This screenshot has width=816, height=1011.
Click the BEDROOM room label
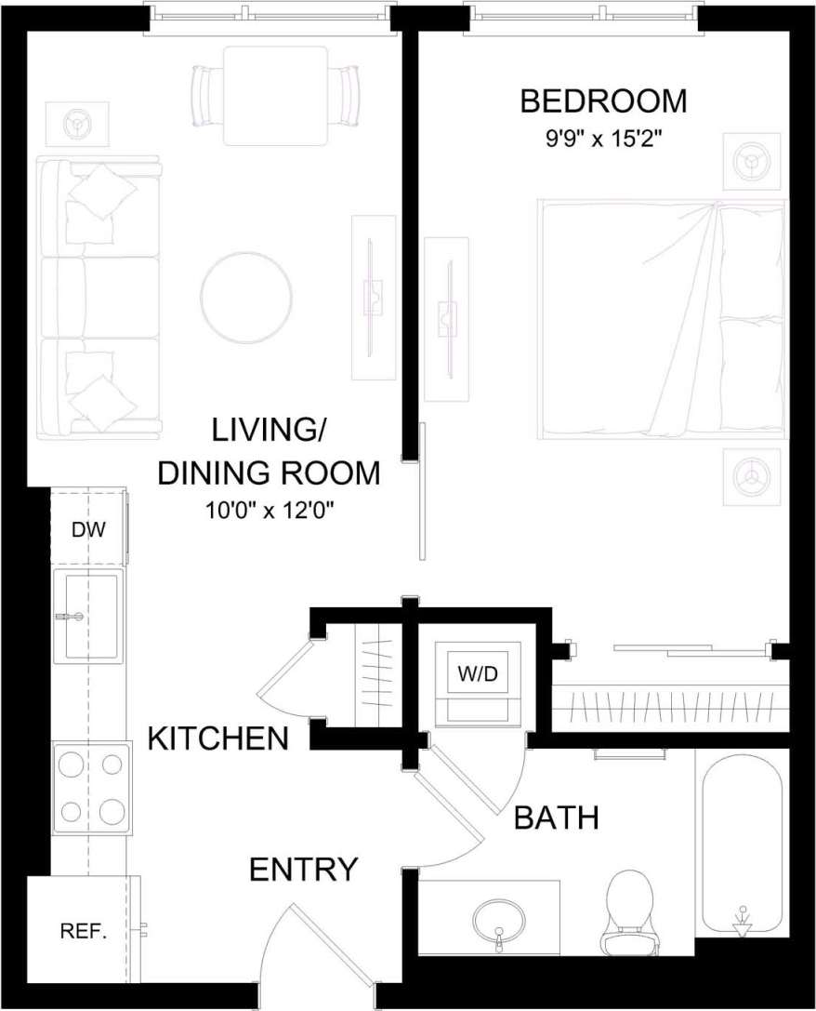pyautogui.click(x=603, y=100)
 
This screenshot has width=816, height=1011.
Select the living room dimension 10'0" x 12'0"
pyautogui.click(x=270, y=511)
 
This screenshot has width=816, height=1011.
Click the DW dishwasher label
pyautogui.click(x=88, y=530)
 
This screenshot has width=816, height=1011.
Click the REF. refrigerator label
pyautogui.click(x=83, y=931)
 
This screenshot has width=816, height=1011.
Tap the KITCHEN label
pyautogui.click(x=218, y=739)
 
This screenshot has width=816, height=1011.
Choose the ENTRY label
pyautogui.click(x=303, y=870)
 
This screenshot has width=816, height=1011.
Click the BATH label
pyautogui.click(x=556, y=818)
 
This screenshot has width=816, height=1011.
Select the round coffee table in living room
pyautogui.click(x=246, y=299)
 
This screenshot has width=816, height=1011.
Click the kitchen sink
pyautogui.click(x=88, y=617)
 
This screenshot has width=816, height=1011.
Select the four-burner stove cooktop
pyautogui.click(x=90, y=789)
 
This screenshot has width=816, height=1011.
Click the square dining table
pyautogui.click(x=276, y=95)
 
